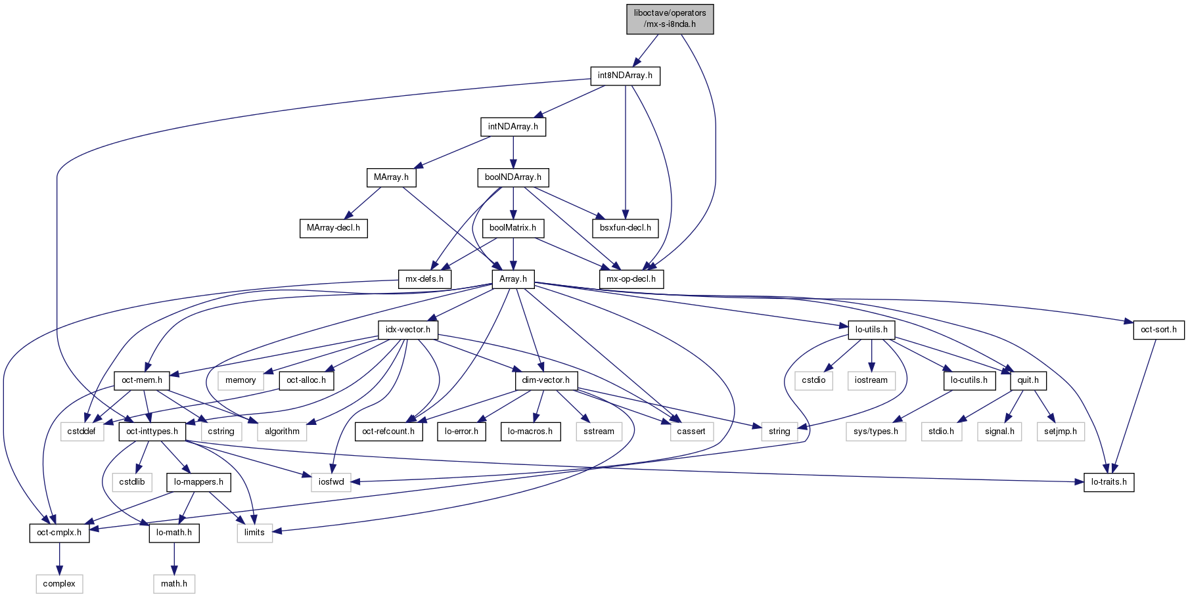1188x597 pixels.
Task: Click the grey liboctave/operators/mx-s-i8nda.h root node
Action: (x=670, y=18)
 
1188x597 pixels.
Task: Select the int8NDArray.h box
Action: (x=625, y=76)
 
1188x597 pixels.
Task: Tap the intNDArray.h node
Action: (x=513, y=126)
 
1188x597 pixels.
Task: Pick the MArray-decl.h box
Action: (x=333, y=228)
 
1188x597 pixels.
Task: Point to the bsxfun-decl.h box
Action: (x=625, y=228)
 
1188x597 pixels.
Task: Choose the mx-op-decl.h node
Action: (x=631, y=278)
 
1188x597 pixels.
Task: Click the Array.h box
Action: (x=513, y=278)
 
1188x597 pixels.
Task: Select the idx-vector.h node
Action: (x=407, y=329)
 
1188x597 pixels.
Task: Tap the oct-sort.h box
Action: (x=1158, y=329)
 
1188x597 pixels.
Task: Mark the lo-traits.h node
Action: (x=1108, y=481)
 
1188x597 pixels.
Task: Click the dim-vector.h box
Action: (x=545, y=380)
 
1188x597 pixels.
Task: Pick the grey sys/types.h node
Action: (x=875, y=431)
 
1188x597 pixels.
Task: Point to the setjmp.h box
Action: (x=1061, y=431)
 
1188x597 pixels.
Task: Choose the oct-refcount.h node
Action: (x=388, y=431)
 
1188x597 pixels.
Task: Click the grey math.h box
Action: (x=174, y=583)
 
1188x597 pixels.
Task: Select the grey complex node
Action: (x=59, y=583)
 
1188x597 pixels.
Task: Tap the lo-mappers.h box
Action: (x=198, y=481)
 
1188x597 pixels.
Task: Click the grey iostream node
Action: (x=871, y=380)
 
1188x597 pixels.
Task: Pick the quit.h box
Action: (x=1028, y=380)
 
